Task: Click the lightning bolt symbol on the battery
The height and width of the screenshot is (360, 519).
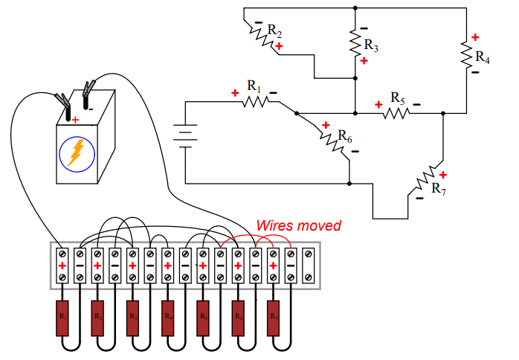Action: click(76, 153)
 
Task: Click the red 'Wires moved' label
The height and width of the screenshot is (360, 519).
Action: click(298, 225)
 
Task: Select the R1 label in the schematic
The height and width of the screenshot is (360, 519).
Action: click(254, 87)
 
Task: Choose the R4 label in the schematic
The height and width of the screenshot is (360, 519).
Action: click(483, 56)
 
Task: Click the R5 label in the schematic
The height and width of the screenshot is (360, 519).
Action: click(397, 100)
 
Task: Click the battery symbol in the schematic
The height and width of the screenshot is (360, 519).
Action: click(184, 135)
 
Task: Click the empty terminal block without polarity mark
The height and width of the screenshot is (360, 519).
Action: click(308, 266)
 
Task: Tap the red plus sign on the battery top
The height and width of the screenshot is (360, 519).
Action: click(75, 119)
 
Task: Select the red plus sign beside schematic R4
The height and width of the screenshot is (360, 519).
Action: click(474, 36)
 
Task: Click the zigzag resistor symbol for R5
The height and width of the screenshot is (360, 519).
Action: click(396, 113)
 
